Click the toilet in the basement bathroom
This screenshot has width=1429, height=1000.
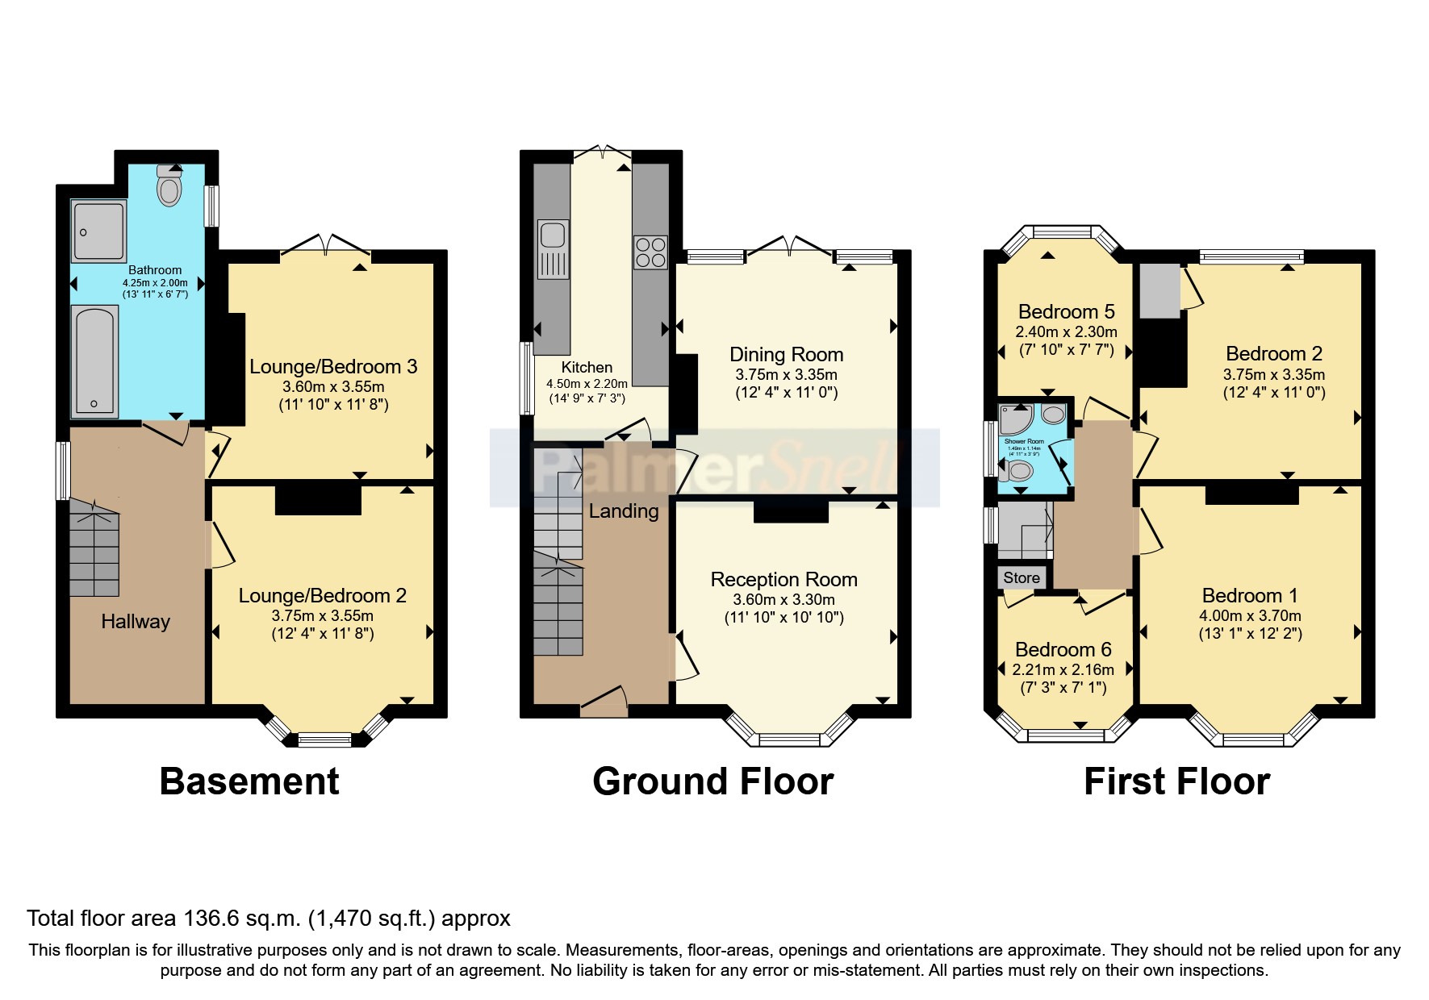169,190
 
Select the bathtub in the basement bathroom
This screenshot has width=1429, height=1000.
94,361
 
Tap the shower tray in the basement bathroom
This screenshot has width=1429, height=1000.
99,231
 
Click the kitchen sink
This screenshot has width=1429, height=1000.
553,235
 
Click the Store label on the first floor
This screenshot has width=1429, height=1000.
1022,577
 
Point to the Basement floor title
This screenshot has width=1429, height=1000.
249,781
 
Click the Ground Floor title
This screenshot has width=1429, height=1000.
712,781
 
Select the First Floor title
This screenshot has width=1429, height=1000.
1176,781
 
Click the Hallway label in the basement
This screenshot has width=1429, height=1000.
136,621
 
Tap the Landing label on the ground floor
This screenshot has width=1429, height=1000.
623,510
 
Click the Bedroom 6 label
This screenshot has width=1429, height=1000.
1063,649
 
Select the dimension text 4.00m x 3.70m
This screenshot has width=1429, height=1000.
1250,615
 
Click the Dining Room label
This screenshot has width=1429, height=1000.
786,354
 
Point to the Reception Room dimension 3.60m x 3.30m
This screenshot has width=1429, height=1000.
783,599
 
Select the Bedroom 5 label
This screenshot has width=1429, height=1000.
1066,311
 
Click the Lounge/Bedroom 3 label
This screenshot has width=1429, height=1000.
333,366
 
